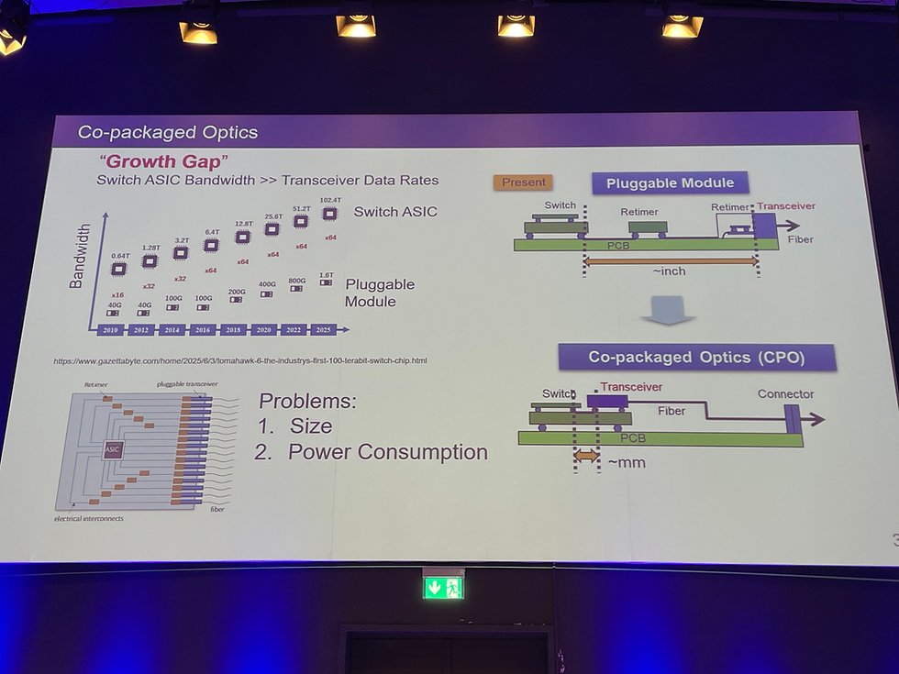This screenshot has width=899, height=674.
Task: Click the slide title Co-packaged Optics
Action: pos(168,132)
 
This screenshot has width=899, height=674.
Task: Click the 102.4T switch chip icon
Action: pos(330,214)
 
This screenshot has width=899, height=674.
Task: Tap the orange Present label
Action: pos(524,182)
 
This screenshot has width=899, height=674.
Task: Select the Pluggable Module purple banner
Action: pos(670,182)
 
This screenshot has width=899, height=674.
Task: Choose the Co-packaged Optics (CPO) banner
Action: pos(697,357)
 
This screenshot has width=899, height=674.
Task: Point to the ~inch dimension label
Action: pos(671,271)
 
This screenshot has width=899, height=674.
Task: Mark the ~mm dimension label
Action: pos(627,462)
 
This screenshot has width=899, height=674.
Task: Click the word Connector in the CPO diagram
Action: pos(785,394)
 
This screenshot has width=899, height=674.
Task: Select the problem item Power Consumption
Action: pos(387,451)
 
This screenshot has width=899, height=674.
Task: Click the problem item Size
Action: pos(311,425)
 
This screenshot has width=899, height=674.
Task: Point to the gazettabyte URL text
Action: pos(240,360)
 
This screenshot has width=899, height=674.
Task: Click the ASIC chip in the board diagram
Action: pos(112,449)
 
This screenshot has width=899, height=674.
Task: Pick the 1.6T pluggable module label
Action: pos(327,275)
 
